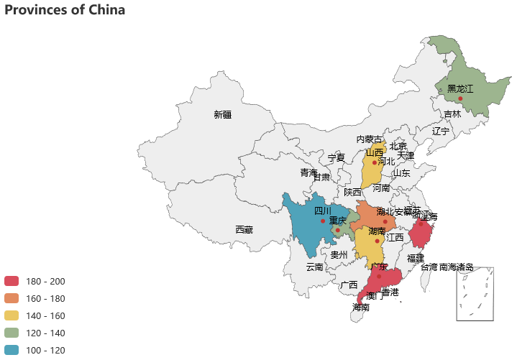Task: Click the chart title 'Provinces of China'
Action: [x=65, y=10]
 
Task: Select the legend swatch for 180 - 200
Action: [x=12, y=281]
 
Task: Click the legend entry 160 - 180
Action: [x=45, y=298]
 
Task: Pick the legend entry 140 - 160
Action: [x=45, y=315]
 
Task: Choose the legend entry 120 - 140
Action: [x=45, y=333]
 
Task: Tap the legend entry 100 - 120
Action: [x=45, y=350]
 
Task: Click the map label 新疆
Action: [x=223, y=114]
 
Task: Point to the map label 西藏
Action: [x=244, y=230]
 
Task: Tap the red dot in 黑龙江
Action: [x=460, y=98]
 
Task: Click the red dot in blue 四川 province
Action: [x=323, y=221]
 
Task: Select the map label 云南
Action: [x=314, y=267]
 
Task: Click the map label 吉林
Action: [x=452, y=114]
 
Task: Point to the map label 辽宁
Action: [x=441, y=131]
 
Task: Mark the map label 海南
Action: [x=361, y=307]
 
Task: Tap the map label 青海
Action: [x=308, y=172]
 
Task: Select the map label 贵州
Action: [x=339, y=254]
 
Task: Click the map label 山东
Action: [x=401, y=173]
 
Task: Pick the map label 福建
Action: [x=416, y=258]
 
